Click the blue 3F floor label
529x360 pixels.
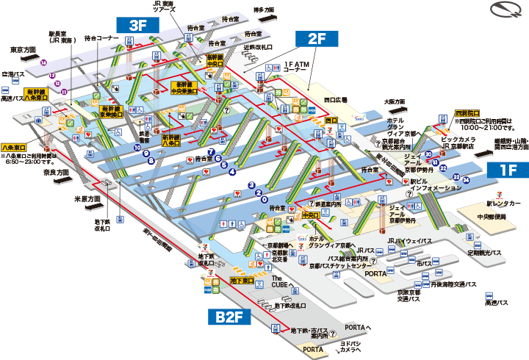[x=138, y=24]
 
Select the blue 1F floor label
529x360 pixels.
[x=506, y=170]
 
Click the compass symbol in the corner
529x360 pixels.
[x=506, y=12]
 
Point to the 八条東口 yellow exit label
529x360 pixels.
[x=15, y=147]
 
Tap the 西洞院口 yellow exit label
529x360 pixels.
[x=467, y=113]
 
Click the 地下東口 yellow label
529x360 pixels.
[x=242, y=281]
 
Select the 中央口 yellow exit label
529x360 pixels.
[x=309, y=215]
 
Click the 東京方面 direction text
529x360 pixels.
[x=24, y=50]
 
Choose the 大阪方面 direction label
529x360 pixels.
[x=396, y=101]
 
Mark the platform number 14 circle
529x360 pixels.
[x=44, y=63]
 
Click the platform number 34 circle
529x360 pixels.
[x=466, y=179]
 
